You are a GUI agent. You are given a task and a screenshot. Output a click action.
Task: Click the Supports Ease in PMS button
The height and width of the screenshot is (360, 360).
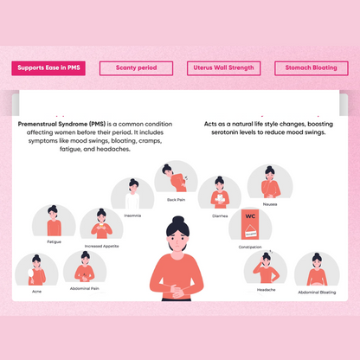click(x=48, y=68)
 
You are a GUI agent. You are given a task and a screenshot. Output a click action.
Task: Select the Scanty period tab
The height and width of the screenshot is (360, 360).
click(x=136, y=68)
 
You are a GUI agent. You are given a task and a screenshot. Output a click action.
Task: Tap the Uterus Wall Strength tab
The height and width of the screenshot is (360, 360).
click(x=223, y=68)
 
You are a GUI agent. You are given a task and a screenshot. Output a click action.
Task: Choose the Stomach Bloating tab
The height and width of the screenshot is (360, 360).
click(x=312, y=68)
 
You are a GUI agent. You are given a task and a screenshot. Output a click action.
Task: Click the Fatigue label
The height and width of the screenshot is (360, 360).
click(x=55, y=241)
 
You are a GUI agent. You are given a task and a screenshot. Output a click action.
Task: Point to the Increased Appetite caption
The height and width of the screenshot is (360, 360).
click(x=101, y=246)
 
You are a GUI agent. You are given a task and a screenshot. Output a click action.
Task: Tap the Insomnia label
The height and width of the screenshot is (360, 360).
click(x=132, y=215)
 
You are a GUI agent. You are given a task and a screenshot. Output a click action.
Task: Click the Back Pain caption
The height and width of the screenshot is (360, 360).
click(x=176, y=200)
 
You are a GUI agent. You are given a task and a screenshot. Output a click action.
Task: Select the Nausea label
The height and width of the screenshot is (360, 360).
click(x=270, y=204)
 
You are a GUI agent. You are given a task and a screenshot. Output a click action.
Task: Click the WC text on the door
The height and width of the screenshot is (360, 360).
click(x=250, y=216)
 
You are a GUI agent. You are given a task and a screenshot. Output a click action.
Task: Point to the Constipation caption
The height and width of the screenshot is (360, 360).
click(x=250, y=247)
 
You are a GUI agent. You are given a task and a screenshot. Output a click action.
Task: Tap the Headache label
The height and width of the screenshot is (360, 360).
click(x=266, y=290)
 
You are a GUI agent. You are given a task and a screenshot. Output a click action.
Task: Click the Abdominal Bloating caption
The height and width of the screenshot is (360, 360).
click(x=317, y=292)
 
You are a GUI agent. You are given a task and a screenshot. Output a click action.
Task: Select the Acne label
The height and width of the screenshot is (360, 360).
click(x=36, y=292)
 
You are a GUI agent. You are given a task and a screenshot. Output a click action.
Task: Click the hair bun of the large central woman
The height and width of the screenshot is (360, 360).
click(x=178, y=220)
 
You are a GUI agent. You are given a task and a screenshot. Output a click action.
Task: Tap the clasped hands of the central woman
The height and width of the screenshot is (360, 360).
click(x=175, y=291)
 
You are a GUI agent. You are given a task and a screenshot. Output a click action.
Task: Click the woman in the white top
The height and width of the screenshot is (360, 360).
click(x=132, y=194)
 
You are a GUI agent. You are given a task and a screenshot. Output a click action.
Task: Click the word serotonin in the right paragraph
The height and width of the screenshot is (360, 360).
click(x=225, y=132)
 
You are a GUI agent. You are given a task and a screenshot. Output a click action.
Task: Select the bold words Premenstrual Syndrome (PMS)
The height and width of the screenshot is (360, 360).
click(x=61, y=124)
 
